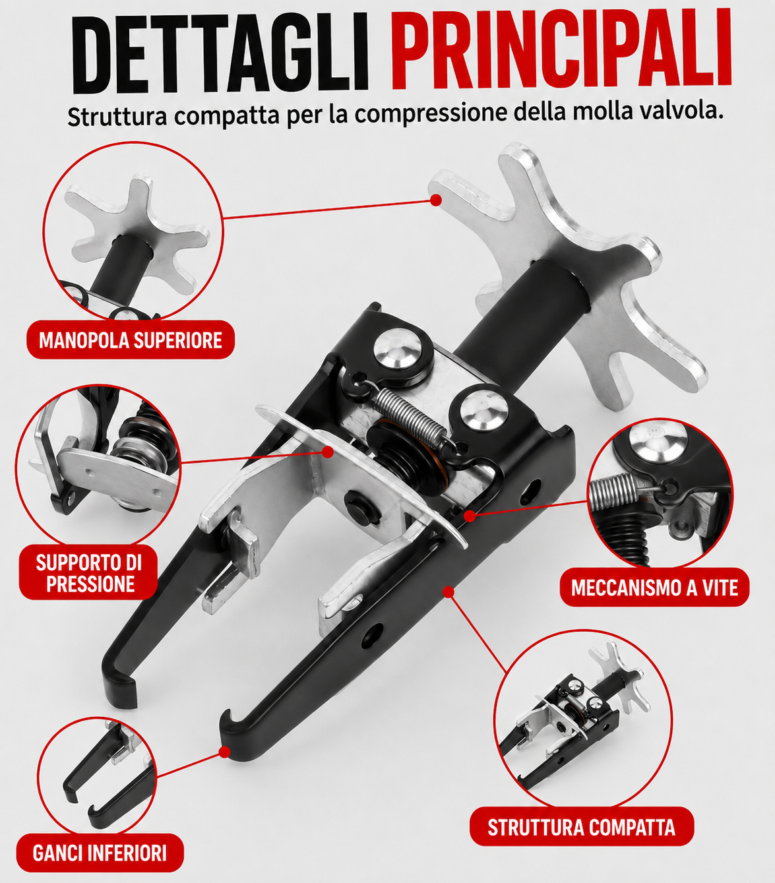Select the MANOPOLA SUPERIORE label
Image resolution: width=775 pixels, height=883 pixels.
131,340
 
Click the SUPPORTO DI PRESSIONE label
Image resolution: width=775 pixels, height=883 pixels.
88,572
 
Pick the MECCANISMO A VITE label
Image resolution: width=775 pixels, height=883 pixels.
654,588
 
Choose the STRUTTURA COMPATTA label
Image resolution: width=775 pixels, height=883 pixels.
581,827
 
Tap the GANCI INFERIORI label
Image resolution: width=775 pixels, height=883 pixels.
100,853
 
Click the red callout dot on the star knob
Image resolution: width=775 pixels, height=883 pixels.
435,200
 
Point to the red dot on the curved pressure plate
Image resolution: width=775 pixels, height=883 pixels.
328,452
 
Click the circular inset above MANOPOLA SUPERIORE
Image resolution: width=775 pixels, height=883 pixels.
133,231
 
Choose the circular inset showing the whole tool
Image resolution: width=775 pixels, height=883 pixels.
583,719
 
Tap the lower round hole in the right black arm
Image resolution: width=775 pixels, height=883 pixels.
373,636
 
